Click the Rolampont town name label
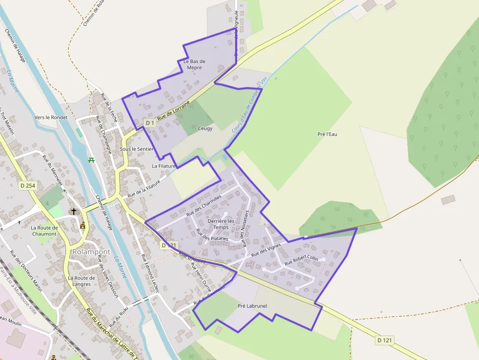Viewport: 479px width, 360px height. click(x=91, y=252)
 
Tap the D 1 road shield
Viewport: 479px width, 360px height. click(x=150, y=123)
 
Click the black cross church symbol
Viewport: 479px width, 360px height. click(x=74, y=212)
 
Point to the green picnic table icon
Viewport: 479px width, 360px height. click(x=91, y=160)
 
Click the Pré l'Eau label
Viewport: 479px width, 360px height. click(x=327, y=134)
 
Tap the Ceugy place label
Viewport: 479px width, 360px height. click(x=205, y=128)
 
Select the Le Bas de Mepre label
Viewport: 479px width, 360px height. click(x=194, y=64)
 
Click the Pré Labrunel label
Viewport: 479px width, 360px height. click(x=252, y=306)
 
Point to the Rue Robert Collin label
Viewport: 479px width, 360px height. click(x=301, y=260)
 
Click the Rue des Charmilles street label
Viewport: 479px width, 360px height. click(x=204, y=206)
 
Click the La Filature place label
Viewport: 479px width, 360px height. click(x=163, y=166)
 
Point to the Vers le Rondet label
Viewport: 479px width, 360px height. click(x=51, y=117)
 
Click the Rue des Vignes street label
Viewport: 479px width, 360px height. click(x=266, y=251)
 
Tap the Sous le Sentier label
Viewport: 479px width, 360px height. click(x=137, y=148)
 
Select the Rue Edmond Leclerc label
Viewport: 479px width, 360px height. click(x=151, y=273)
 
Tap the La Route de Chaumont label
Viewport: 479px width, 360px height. click(x=44, y=231)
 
